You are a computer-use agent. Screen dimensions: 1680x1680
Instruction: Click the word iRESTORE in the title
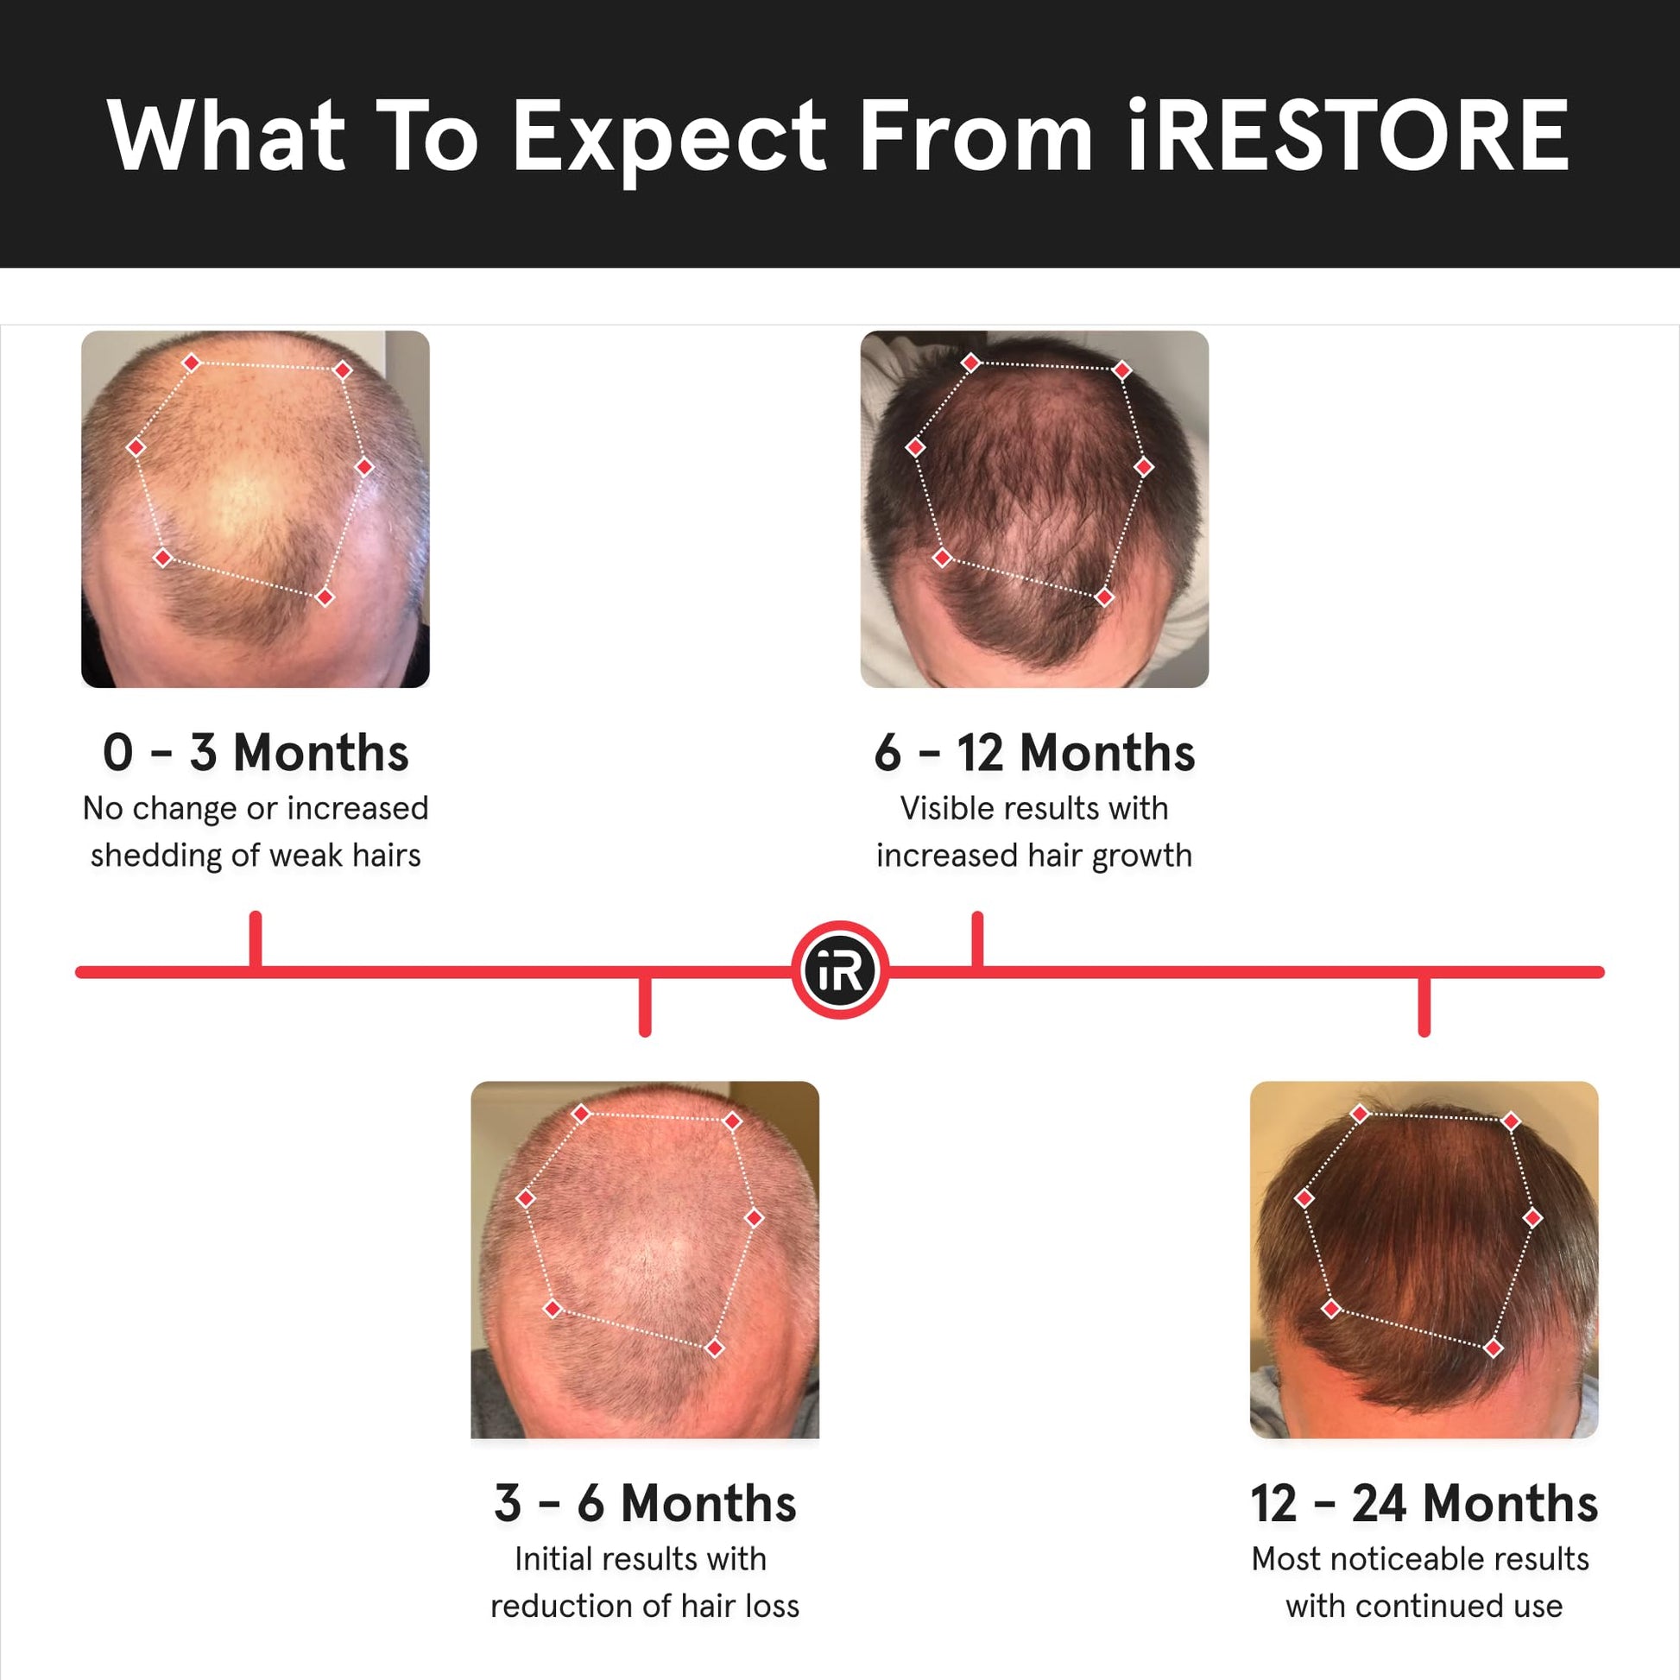[x=1347, y=136]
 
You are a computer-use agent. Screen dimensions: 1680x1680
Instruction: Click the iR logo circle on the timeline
[x=839, y=970]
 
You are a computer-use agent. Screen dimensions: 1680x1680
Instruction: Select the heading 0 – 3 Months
[x=256, y=752]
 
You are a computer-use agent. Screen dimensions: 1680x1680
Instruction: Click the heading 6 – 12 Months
[x=1034, y=752]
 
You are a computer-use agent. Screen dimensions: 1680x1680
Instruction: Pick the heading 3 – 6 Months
[x=644, y=1504]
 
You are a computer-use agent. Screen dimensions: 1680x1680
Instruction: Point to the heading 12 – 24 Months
[x=1424, y=1504]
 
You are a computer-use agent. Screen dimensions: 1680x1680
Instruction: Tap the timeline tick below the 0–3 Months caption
[x=256, y=939]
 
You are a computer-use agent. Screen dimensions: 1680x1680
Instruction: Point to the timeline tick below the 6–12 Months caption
[x=977, y=939]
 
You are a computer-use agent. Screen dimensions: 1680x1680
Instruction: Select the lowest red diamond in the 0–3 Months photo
[x=325, y=597]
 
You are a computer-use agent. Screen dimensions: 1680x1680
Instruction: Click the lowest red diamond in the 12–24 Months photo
[x=1494, y=1348]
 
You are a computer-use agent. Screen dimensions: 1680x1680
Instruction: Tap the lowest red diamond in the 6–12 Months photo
[x=1104, y=597]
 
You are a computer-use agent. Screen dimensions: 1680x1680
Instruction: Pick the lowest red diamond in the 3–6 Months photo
[x=715, y=1348]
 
